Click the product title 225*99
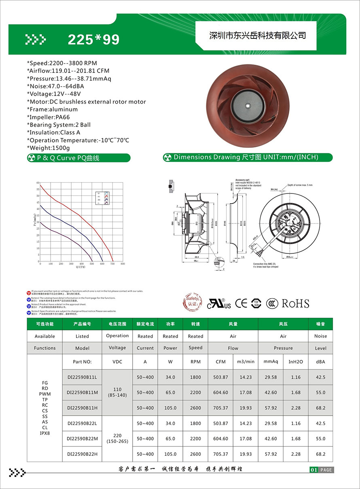[93, 39]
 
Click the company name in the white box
[257, 36]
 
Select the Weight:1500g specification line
[48, 148]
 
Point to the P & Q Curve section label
[68, 158]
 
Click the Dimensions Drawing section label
[246, 157]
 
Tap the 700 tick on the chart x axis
[112, 264]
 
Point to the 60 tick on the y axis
[38, 183]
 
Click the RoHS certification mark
[295, 304]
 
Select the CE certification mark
[241, 303]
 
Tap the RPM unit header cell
[195, 361]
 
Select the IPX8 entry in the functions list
[44, 433]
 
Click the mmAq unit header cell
[270, 361]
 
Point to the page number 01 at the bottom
[313, 470]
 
